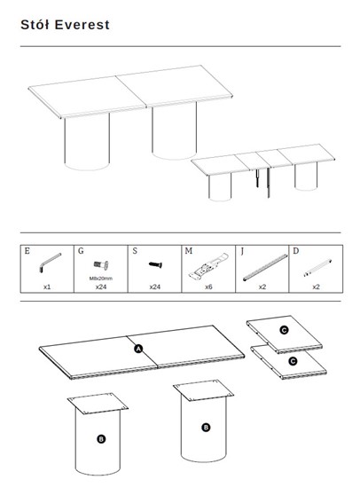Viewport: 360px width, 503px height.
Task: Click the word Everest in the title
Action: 82,25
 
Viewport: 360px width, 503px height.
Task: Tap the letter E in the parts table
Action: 27,251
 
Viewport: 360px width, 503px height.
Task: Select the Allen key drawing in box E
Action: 50,263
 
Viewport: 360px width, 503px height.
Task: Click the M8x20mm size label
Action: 101,279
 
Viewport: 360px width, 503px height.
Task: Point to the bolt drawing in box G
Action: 101,265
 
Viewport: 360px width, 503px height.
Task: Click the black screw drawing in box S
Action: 155,264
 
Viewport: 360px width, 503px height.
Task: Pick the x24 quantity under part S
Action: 155,287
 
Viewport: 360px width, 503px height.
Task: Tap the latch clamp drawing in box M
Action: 208,266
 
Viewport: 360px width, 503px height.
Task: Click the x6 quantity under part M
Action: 208,287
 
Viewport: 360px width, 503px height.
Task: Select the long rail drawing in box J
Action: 265,268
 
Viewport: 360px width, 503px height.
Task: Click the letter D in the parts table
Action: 296,251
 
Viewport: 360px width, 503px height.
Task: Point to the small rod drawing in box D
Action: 317,268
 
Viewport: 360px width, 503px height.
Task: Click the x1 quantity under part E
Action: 47,287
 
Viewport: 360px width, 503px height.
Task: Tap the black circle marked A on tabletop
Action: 138,349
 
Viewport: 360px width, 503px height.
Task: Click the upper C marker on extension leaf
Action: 284,330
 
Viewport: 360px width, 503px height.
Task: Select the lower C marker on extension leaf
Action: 293,362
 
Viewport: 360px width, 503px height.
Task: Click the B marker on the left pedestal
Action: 101,439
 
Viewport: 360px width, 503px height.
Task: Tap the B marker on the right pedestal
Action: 206,428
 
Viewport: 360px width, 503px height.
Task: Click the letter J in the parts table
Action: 242,251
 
